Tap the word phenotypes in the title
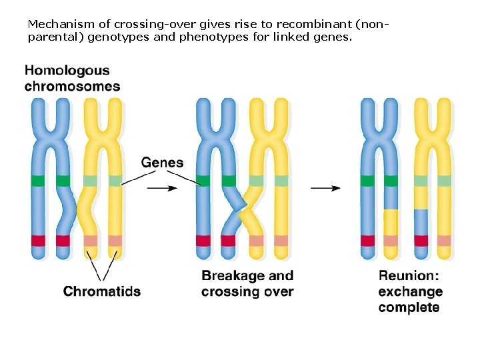[x=207, y=37]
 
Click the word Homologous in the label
[x=67, y=70]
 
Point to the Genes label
[x=162, y=163]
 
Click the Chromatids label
[x=102, y=291]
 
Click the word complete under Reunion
[x=409, y=308]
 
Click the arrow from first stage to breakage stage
[x=162, y=188]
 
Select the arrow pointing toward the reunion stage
[x=325, y=188]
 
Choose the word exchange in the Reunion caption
[x=410, y=292]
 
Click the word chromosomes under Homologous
[x=72, y=86]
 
